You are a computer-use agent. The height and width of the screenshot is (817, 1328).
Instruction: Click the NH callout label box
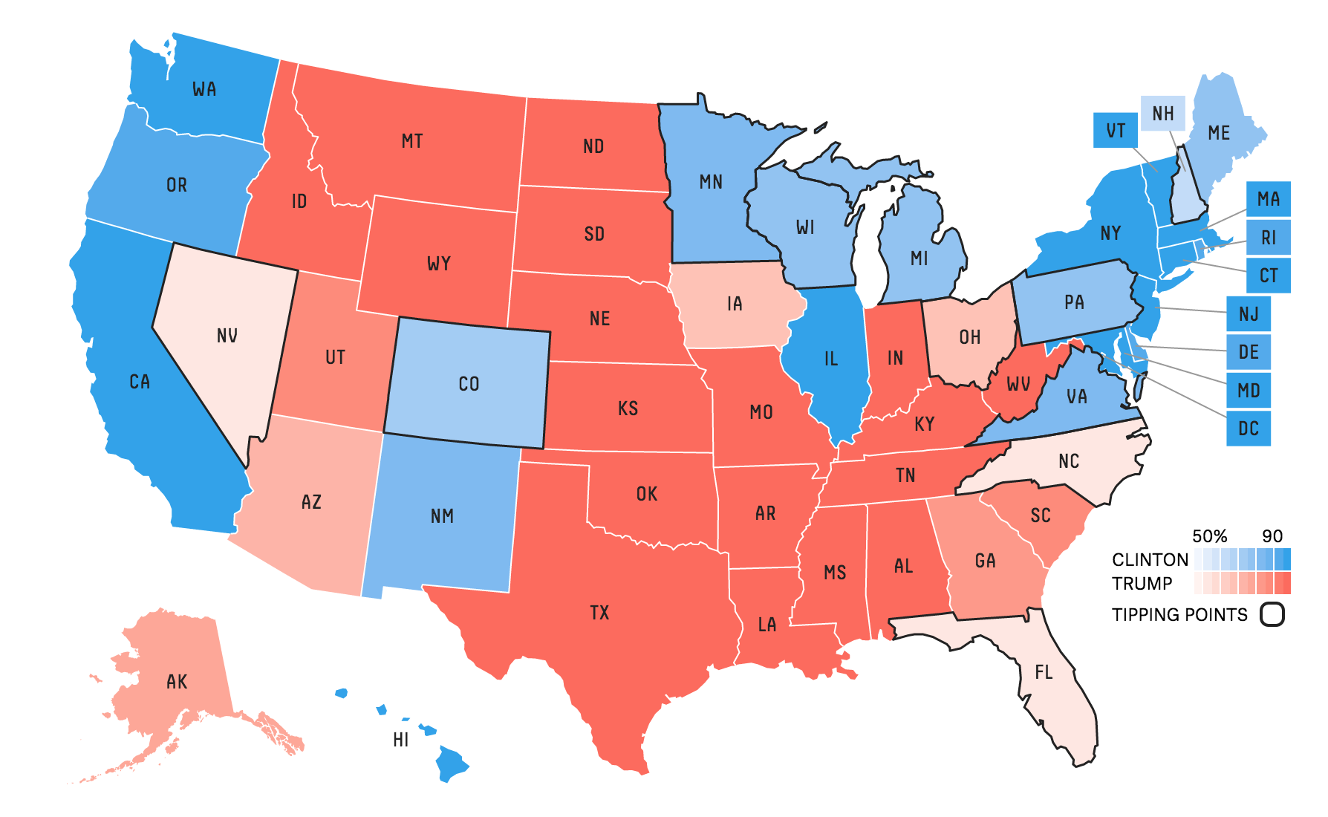tap(1162, 114)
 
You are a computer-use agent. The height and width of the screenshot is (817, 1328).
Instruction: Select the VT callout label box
tap(1116, 131)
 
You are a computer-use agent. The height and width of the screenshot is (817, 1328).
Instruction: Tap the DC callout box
tap(1248, 429)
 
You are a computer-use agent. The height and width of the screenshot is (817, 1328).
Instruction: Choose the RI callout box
tap(1268, 238)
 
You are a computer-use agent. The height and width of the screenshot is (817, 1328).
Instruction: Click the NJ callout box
tap(1249, 313)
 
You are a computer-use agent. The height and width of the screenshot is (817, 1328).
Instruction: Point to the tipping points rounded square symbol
tap(1272, 615)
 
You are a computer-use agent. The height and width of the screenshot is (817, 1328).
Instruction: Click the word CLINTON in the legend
tap(1150, 560)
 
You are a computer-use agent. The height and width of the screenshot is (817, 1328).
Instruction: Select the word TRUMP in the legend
tap(1142, 584)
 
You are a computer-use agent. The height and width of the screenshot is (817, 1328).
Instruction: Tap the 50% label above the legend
tap(1209, 536)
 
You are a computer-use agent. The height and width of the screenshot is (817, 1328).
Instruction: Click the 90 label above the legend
tap(1272, 536)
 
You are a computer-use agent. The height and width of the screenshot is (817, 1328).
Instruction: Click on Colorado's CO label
tap(469, 384)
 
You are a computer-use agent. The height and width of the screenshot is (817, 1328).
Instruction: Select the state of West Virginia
tap(1018, 384)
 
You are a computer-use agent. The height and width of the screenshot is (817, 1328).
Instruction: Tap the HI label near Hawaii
tap(401, 740)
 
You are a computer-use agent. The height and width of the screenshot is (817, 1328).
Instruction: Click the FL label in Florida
tap(1044, 672)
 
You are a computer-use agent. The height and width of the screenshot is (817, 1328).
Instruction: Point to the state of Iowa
tap(735, 304)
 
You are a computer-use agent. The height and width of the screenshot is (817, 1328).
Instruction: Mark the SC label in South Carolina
tap(1041, 515)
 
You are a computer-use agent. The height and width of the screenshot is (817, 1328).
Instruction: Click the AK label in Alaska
tap(177, 682)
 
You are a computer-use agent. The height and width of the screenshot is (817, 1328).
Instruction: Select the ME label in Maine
tap(1219, 133)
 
